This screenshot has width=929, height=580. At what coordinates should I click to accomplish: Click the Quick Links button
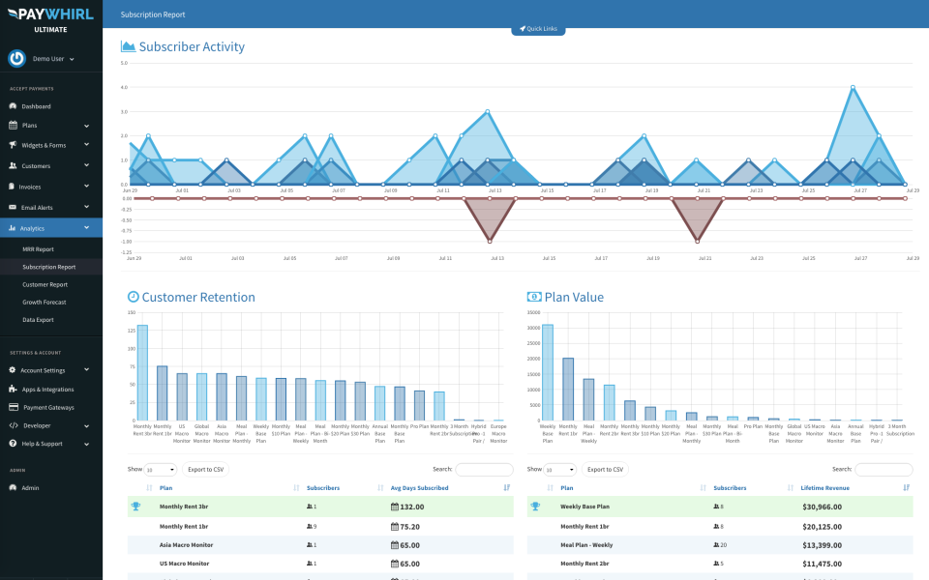pos(538,29)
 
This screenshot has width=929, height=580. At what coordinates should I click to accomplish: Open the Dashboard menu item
pos(36,106)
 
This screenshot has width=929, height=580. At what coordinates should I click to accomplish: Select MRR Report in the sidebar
pos(38,249)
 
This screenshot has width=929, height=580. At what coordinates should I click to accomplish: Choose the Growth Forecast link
pos(45,302)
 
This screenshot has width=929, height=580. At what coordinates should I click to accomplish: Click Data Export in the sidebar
pos(39,319)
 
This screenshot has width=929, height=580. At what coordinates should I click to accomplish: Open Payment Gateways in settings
pos(47,407)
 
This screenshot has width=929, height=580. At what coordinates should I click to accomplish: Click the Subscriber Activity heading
pos(192,47)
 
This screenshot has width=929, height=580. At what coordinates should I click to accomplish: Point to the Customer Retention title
pos(198,298)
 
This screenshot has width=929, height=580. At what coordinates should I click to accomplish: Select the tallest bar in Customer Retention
pos(142,372)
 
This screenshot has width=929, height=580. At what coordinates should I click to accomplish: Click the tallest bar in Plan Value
pos(547,372)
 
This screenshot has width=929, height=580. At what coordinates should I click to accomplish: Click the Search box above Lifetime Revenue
pos(884,470)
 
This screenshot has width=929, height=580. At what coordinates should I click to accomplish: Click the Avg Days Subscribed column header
pos(419,488)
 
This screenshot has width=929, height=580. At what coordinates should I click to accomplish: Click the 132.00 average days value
pos(406,507)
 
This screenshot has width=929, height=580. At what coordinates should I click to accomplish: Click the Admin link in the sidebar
pos(31,487)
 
